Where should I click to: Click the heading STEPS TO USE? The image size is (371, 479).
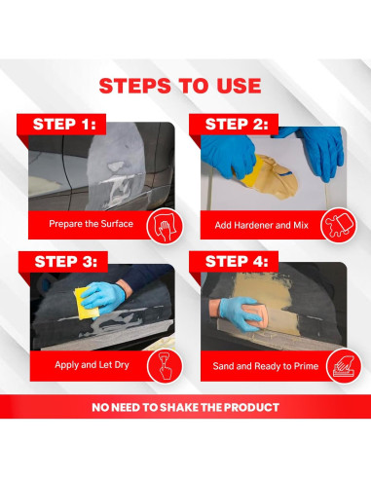coord(180,86)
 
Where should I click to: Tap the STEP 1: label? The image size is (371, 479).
coord(64,125)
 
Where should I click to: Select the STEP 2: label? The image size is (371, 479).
coord(237,125)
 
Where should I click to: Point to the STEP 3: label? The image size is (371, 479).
coord(66,262)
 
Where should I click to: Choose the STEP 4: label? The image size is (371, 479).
coord(237,262)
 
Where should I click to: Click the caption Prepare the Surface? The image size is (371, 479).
coord(91,224)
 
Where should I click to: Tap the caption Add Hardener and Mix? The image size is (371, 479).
coord(261,225)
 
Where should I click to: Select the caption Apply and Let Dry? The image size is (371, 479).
coord(92,365)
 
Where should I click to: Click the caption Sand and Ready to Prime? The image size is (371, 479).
coord(266,366)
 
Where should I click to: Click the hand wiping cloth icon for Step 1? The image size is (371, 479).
coord(165,226)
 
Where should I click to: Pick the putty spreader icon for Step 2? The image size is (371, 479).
coord(338,225)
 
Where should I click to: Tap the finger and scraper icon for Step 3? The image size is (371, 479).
coord(165,366)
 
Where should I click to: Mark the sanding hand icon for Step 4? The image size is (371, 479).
coord(344,366)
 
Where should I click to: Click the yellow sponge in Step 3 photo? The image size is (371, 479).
coord(86,304)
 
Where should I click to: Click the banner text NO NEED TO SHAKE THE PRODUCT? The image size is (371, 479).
coord(185,407)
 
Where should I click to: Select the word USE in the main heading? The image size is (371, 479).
coord(239,86)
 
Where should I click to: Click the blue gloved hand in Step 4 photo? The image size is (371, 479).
coord(239,313)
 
